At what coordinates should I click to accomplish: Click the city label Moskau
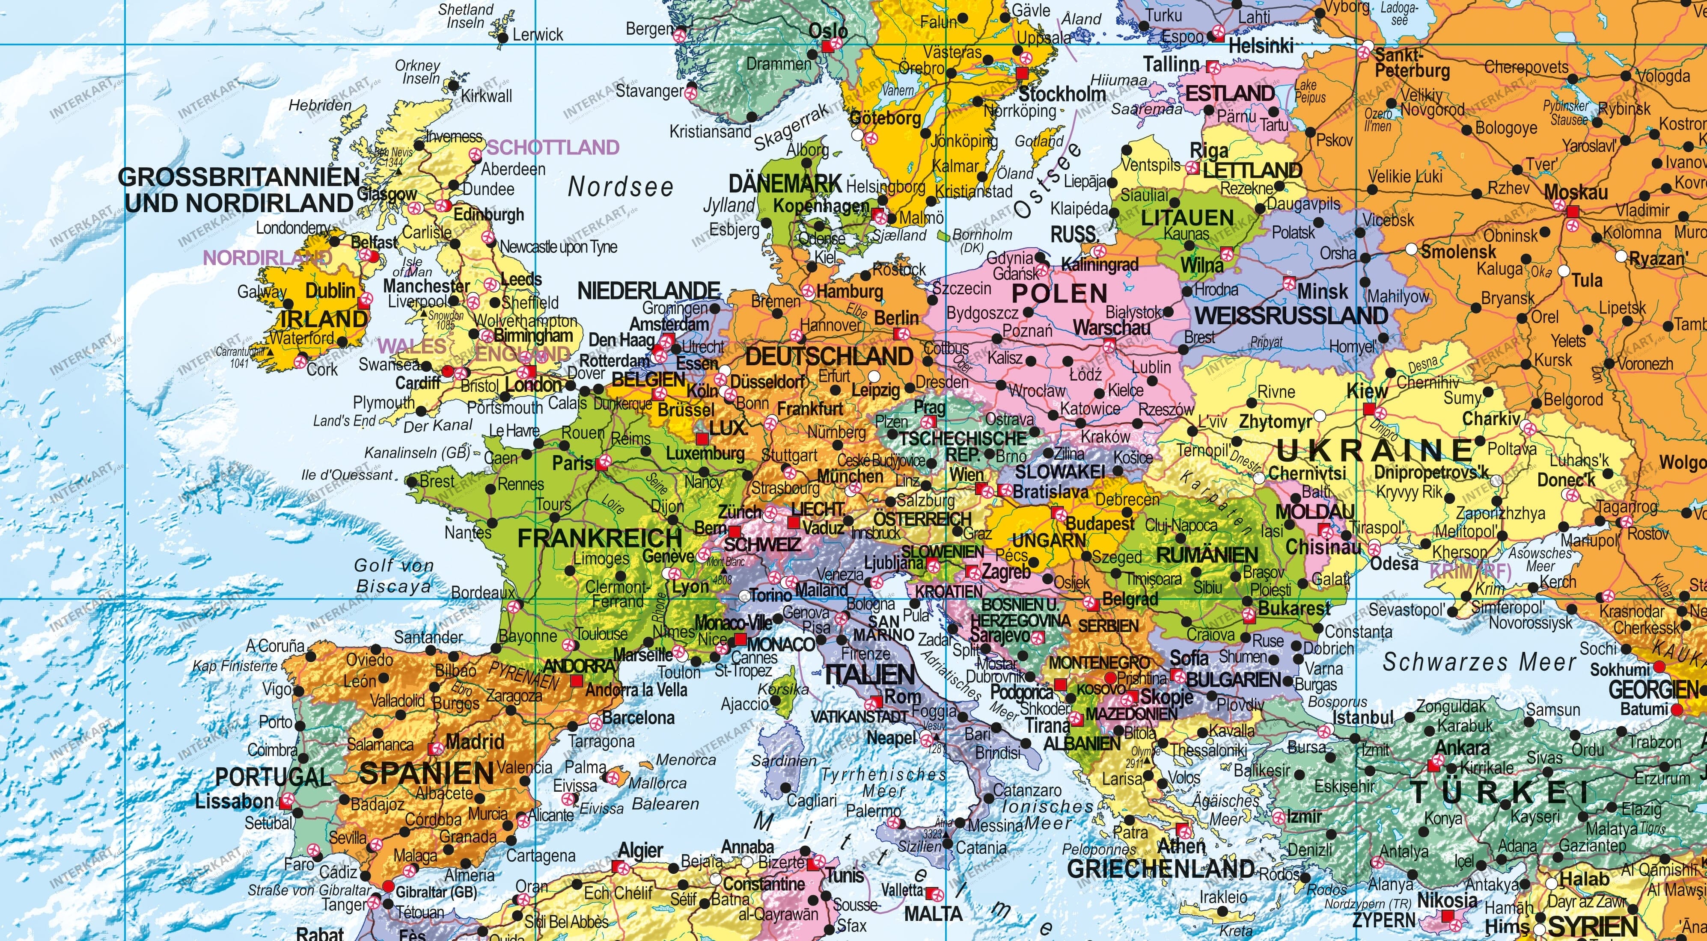click(x=1575, y=193)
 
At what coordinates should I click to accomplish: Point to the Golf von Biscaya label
click(x=394, y=575)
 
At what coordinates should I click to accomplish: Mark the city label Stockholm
click(x=1062, y=94)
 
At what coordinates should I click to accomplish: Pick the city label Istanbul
click(x=1363, y=717)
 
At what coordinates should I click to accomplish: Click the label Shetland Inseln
click(x=466, y=16)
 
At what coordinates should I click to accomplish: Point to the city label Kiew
click(x=1366, y=391)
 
